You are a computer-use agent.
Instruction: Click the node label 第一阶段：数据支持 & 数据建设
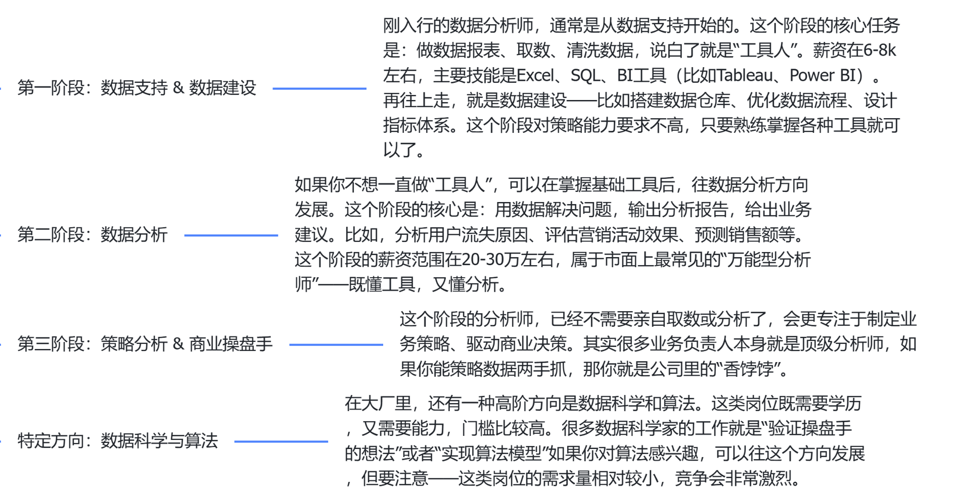click(136, 88)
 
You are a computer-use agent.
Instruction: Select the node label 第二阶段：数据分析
click(92, 235)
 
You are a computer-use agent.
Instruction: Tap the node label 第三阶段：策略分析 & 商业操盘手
click(145, 344)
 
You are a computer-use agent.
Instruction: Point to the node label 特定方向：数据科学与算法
click(117, 441)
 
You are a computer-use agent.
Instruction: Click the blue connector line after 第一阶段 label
click(319, 88)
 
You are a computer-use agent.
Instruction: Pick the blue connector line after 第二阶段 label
click(231, 235)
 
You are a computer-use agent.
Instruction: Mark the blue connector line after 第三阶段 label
click(336, 345)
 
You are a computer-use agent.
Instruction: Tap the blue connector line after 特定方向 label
click(281, 441)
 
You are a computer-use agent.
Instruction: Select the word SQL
click(585, 76)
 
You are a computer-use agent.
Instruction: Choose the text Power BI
click(822, 76)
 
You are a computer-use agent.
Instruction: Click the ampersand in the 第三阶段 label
click(178, 344)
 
